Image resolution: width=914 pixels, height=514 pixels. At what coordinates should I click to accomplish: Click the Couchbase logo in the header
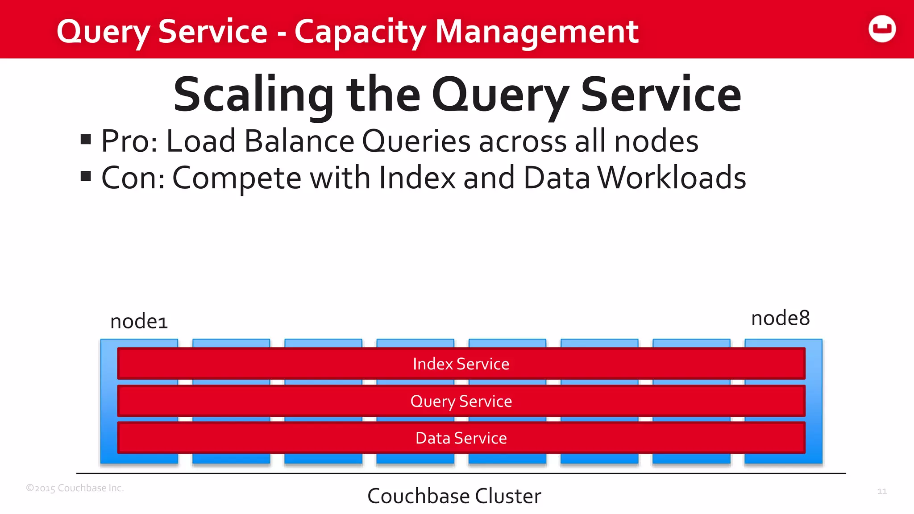tap(882, 29)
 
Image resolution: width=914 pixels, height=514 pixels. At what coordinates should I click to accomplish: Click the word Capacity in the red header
tap(360, 32)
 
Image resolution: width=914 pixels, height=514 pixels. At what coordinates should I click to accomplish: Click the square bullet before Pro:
tap(86, 140)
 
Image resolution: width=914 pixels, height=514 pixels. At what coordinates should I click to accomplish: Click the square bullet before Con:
tap(86, 177)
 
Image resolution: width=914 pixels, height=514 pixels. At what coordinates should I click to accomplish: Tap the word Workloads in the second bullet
tap(672, 178)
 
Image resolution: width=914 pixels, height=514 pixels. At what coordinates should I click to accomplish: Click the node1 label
tap(139, 321)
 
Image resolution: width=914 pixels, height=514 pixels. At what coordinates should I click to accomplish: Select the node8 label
tap(780, 319)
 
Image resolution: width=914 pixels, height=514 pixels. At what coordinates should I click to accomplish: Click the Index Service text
tap(461, 364)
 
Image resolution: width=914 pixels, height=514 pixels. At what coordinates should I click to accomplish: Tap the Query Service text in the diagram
tap(461, 401)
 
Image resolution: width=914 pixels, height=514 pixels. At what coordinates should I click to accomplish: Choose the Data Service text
tap(461, 438)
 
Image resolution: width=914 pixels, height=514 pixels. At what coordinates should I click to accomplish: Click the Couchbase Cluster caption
tap(454, 496)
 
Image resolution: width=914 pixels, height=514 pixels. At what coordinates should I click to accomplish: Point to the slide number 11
tap(882, 491)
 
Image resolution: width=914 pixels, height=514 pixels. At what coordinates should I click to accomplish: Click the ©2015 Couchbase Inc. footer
tap(75, 488)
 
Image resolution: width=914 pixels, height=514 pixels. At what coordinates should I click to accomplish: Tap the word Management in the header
tap(536, 32)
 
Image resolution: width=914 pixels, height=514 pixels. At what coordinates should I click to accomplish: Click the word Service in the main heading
tap(661, 95)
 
